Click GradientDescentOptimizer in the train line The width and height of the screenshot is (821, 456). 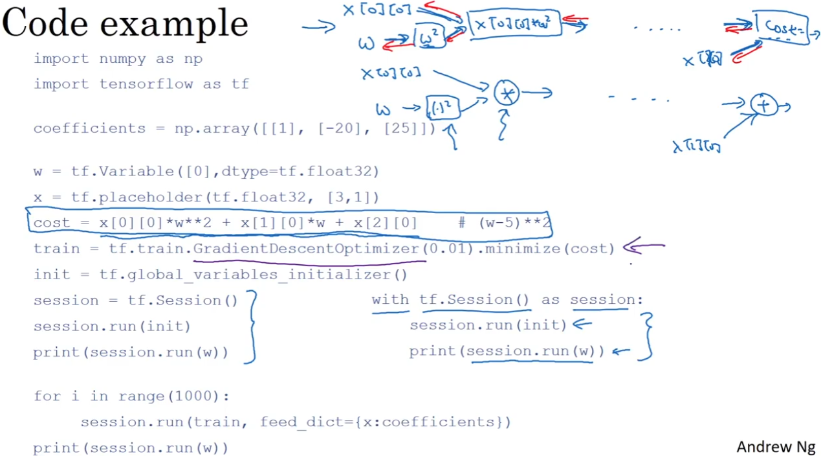(x=306, y=249)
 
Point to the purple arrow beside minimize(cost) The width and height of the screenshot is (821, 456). (x=643, y=247)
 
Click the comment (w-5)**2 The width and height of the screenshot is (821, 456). (x=514, y=223)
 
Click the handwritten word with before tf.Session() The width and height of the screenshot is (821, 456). (x=390, y=300)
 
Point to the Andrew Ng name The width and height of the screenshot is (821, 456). (x=775, y=447)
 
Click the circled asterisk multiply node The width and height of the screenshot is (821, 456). (x=507, y=94)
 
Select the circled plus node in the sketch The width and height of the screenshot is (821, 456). (x=764, y=105)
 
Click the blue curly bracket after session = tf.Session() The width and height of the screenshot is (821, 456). (x=252, y=326)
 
